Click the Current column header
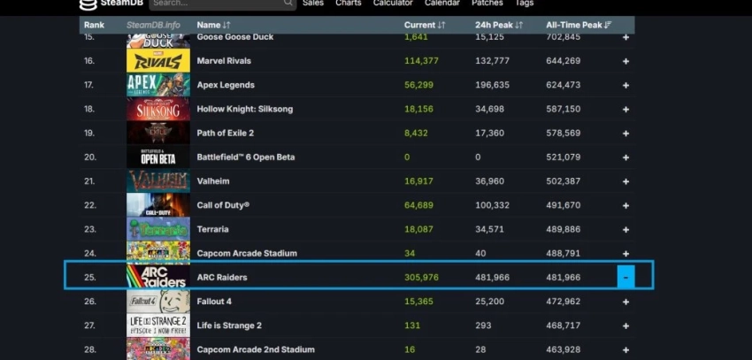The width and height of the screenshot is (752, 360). point(425,25)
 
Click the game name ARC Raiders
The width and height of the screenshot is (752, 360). point(222,277)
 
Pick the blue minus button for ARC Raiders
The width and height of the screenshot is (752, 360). point(625,277)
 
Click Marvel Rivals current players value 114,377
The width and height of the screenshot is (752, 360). point(422,61)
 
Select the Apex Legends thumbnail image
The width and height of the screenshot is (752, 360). point(157,85)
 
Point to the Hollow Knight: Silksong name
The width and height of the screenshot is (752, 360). point(244,109)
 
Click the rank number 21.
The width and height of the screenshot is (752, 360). point(89,181)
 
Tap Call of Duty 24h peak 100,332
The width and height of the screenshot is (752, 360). point(492,205)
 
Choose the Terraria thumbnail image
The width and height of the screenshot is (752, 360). point(157,229)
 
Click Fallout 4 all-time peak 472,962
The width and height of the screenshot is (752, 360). point(563,302)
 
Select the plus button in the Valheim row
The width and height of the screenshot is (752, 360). point(625,181)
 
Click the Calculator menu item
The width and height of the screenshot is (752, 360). point(393,4)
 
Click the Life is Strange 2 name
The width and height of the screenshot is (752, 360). point(229,326)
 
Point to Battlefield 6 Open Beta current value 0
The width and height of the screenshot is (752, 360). point(407,157)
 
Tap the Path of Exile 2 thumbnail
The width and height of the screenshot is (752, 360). point(157,133)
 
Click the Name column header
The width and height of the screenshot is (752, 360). point(213,25)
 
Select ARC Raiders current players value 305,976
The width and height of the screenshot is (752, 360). point(422,277)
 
